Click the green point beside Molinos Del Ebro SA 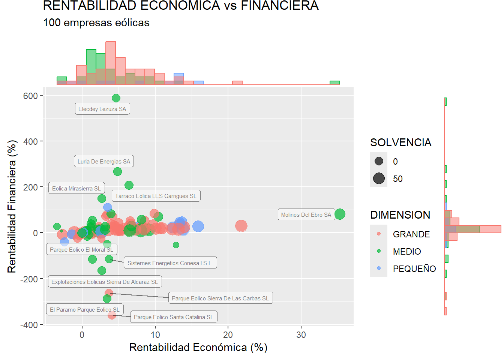click(340, 214)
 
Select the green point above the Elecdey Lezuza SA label click(116, 98)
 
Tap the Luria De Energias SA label click(104, 162)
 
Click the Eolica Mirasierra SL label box click(76, 189)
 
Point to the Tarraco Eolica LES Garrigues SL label click(156, 196)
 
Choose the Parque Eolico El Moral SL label click(81, 250)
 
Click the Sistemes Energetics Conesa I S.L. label click(170, 263)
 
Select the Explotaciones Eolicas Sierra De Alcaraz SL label click(105, 282)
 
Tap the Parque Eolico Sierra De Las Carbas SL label click(220, 298)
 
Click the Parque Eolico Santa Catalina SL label click(174, 317)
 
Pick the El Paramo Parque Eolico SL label click(85, 310)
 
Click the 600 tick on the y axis click(30, 96)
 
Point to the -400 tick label click(29, 325)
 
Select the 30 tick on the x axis click(301, 335)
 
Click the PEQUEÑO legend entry click(414, 269)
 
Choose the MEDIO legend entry click(406, 252)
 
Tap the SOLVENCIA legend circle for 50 click(379, 178)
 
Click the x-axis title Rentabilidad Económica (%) click(198, 348)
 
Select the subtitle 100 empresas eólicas click(96, 23)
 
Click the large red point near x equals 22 click(241, 226)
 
